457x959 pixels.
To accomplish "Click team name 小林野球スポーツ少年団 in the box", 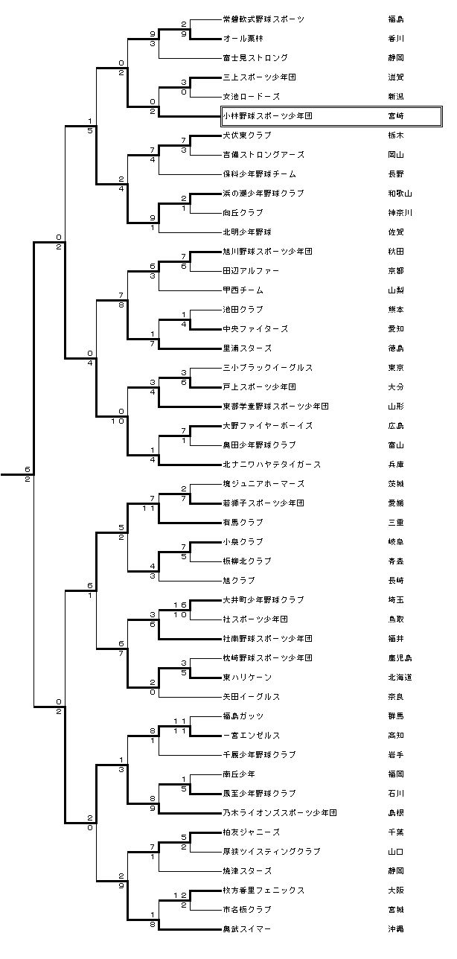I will pos(267,116).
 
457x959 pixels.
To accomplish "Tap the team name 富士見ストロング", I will pos(255,58).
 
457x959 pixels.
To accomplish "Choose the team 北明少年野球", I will pos(247,232).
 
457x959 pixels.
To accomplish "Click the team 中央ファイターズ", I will pos(255,329).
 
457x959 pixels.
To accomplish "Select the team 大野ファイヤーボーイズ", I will pos(267,426).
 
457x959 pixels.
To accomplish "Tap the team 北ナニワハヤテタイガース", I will pos(272,465).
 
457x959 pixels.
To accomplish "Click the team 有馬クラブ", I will pos(243,523).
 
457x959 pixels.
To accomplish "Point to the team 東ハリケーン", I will pos(247,678).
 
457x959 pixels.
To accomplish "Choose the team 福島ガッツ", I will pos(243,716).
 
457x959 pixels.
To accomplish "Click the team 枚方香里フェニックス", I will pos(263,890).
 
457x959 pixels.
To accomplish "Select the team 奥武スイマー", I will pos(247,929).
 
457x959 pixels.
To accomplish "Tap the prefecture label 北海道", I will pos(400,678).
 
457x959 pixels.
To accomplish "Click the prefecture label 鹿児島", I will pos(400,658).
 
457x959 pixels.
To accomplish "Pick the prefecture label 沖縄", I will pos(396,929).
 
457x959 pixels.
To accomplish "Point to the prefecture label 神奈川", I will pos(400,213).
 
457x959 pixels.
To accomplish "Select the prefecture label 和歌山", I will pos(400,194).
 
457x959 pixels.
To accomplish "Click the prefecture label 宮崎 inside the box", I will pos(396,116).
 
